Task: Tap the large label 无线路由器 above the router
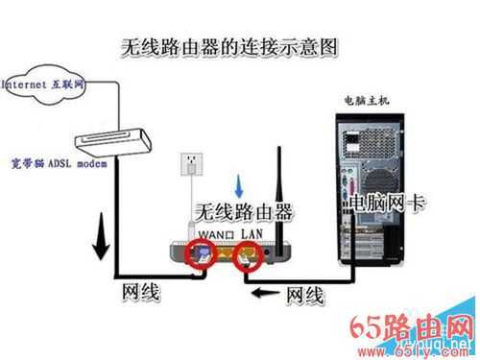[x=244, y=211]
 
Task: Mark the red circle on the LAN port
[x=247, y=256]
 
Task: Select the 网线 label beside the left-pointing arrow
[x=304, y=297]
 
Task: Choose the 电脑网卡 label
[x=385, y=204]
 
